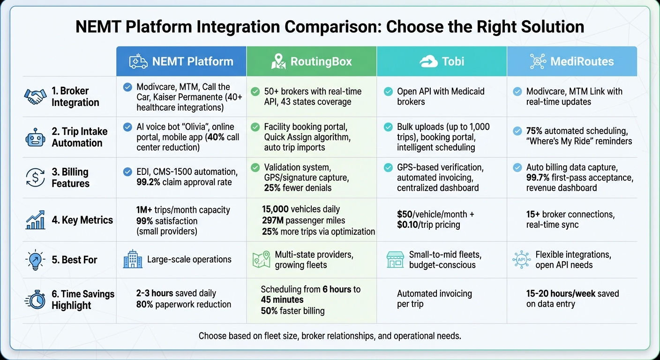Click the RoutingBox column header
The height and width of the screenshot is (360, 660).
pyautogui.click(x=311, y=61)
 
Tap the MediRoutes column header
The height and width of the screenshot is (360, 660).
pyautogui.click(x=572, y=61)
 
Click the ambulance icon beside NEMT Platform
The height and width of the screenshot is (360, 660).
pyautogui.click(x=139, y=61)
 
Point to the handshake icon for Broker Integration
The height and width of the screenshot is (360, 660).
pyautogui.click(x=36, y=97)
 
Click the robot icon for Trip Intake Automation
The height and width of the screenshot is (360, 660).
pyautogui.click(x=36, y=137)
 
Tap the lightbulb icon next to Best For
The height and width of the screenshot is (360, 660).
pyautogui.click(x=36, y=259)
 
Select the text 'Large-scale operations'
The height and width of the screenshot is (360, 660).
pyautogui.click(x=189, y=259)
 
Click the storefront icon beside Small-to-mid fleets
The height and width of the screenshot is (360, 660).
pyautogui.click(x=395, y=259)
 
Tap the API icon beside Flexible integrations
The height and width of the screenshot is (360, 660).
pyautogui.click(x=521, y=259)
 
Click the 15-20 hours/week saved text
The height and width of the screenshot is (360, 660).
pyautogui.click(x=572, y=294)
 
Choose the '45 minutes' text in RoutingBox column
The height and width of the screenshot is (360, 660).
pyautogui.click(x=282, y=300)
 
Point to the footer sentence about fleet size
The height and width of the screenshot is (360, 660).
pyautogui.click(x=330, y=336)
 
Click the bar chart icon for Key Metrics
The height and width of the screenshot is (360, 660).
pyautogui.click(x=36, y=220)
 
